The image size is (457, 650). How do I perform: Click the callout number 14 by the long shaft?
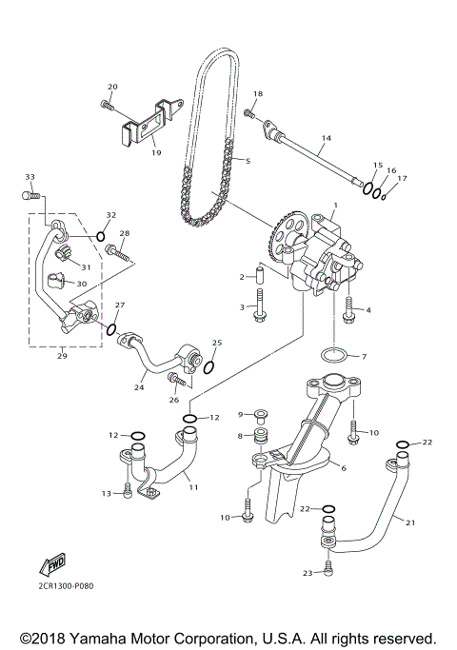(326, 139)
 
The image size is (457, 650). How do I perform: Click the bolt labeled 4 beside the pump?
(348, 306)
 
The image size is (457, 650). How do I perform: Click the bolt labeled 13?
(127, 493)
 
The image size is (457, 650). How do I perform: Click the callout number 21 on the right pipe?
(411, 522)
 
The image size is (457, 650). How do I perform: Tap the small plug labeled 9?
(260, 414)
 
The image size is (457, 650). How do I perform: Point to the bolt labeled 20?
(105, 106)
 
